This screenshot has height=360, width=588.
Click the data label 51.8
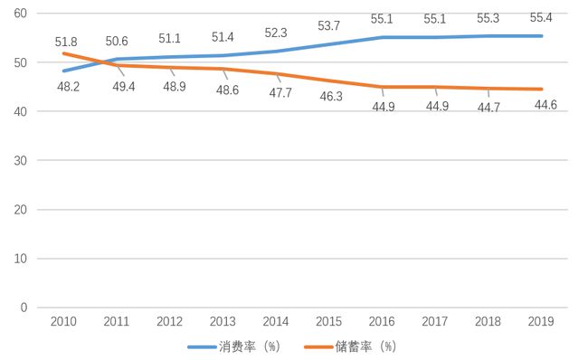pos(65,41)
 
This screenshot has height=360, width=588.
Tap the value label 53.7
pos(329,25)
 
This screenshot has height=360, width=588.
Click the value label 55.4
pos(539,17)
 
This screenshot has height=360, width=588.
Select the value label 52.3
pos(276,33)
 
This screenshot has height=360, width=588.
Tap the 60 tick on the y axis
pos(20,14)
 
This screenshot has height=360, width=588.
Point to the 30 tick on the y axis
pos(20,160)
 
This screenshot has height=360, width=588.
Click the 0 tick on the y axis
pos(24,308)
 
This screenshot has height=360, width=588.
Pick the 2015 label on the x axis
pos(329,322)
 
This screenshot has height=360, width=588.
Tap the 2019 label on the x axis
pos(541,322)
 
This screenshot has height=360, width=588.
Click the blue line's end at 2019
pos(540,36)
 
